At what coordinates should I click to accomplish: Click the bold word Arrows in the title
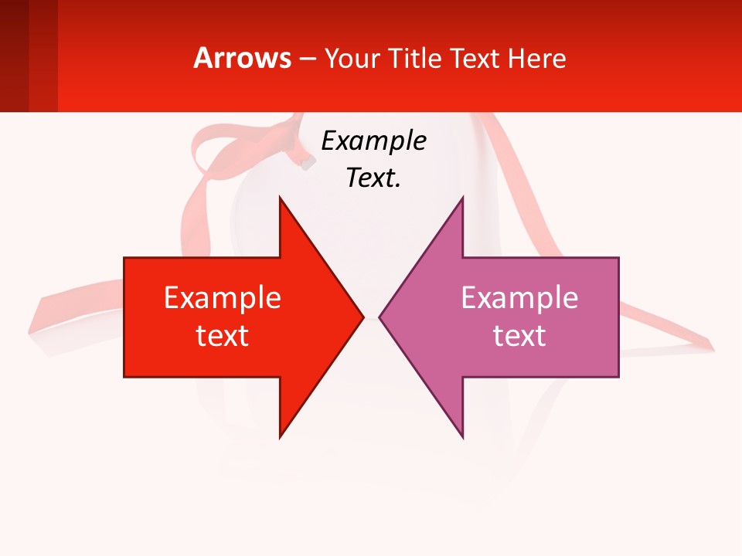pos(243,58)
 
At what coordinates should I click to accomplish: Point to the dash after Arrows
pos(307,59)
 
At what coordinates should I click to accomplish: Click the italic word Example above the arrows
pos(373,141)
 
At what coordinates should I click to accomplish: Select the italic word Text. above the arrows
pos(373,178)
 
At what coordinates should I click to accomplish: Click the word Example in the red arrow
pos(223,297)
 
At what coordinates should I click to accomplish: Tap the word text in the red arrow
pos(223,335)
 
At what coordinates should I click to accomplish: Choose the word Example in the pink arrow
pos(519,297)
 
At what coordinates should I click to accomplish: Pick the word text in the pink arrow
pos(519,335)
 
